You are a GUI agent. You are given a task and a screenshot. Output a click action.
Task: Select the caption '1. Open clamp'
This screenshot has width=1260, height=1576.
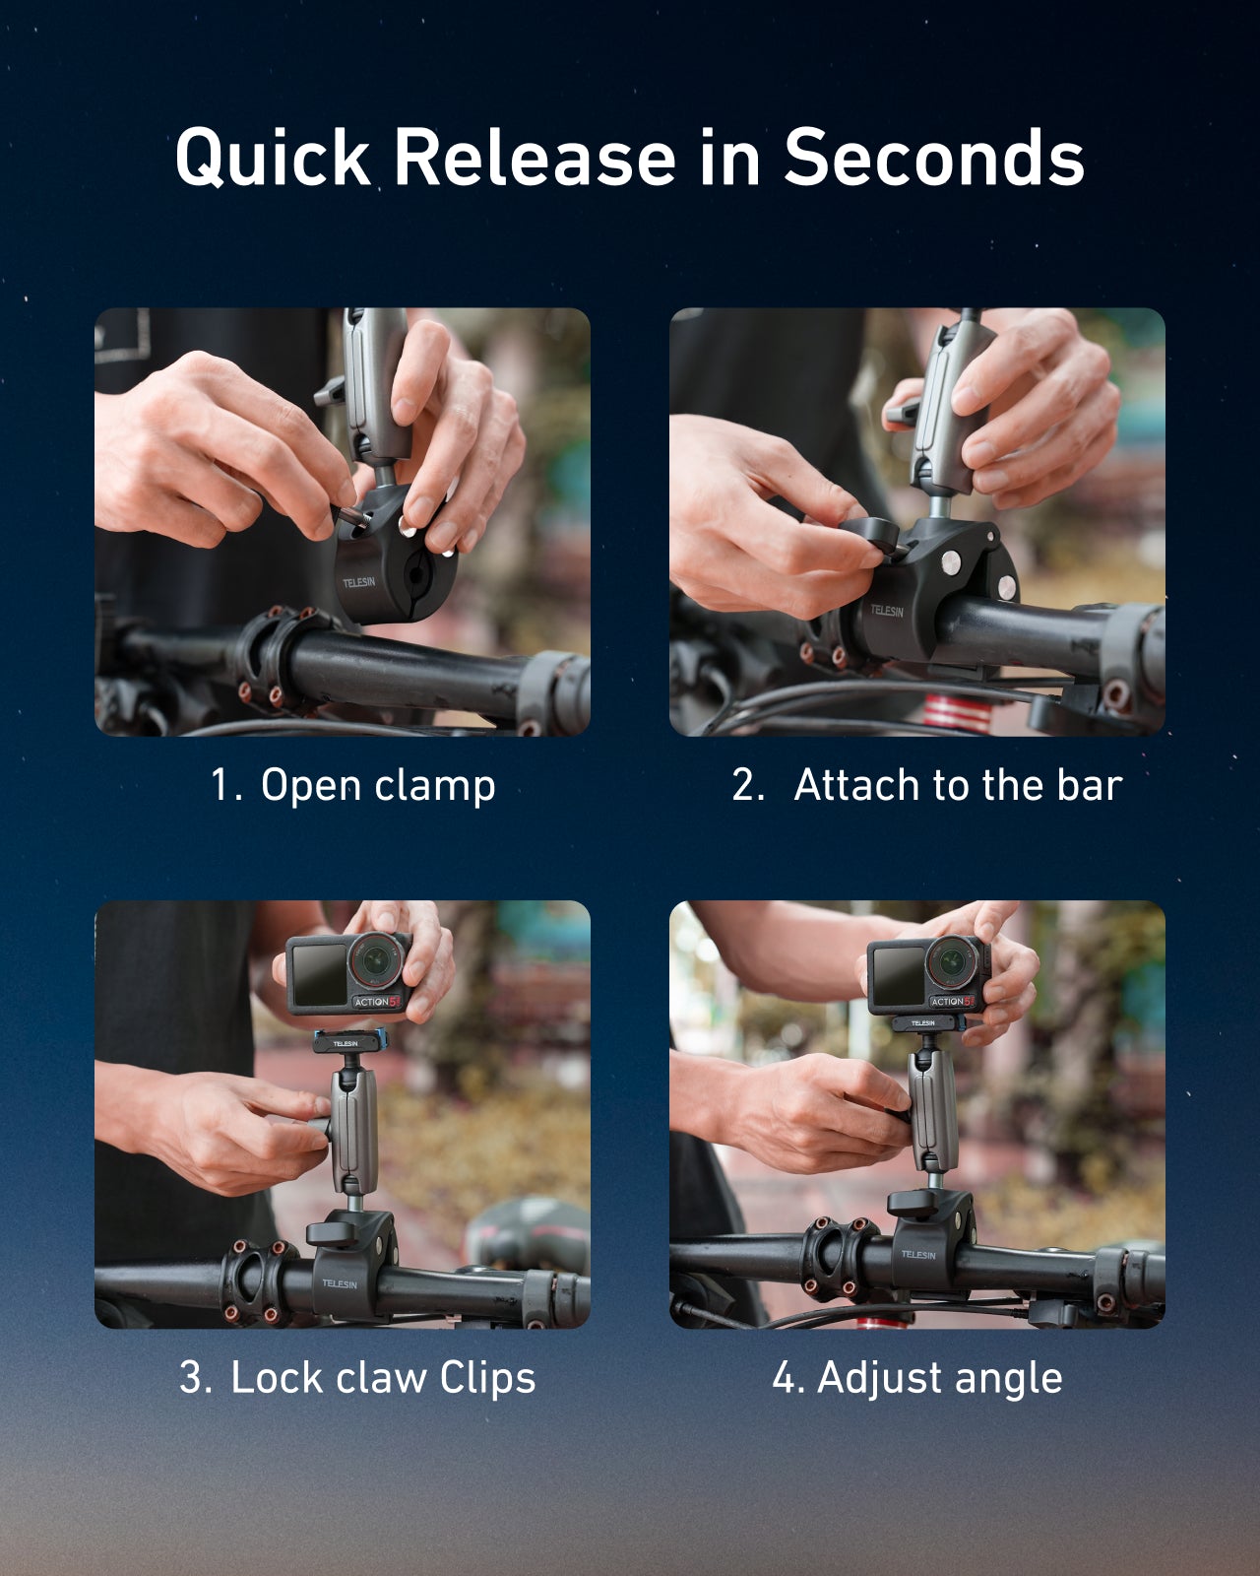[352, 786]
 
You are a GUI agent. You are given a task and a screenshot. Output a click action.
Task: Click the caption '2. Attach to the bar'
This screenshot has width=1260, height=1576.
[925, 786]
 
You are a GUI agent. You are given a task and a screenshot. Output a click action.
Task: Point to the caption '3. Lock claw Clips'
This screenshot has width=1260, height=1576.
[356, 1377]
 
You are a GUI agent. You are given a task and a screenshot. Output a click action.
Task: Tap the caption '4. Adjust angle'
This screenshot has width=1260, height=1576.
[916, 1377]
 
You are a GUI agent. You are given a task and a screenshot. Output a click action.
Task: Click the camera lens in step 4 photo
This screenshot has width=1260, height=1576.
[952, 957]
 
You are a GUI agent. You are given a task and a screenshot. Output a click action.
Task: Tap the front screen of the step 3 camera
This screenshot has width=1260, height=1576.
[319, 976]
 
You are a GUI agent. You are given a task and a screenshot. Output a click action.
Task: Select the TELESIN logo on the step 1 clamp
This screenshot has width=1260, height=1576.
[358, 582]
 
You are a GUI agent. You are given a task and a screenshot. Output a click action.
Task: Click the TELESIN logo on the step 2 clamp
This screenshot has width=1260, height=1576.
[886, 611]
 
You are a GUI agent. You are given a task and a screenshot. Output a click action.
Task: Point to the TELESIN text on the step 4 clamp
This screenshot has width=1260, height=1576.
[917, 1254]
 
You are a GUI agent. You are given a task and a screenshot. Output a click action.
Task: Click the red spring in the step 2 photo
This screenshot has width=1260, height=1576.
[950, 711]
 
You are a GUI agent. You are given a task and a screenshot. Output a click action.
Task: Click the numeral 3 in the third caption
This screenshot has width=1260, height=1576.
[191, 1377]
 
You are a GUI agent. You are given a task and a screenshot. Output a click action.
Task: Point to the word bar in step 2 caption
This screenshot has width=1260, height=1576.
[1089, 786]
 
